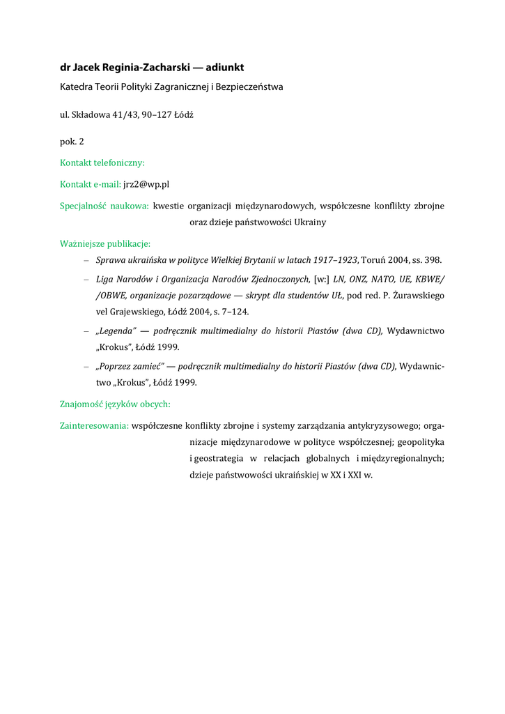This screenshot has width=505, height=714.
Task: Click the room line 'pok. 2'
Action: (72, 141)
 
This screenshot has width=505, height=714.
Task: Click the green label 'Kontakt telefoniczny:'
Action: (102, 162)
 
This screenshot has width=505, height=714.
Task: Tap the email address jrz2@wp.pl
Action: (146, 184)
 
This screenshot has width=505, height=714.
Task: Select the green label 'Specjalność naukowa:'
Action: (104, 206)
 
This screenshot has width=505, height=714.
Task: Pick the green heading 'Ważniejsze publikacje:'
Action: (105, 244)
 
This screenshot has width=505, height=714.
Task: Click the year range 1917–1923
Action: (334, 260)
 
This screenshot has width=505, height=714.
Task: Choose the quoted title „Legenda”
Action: (115, 331)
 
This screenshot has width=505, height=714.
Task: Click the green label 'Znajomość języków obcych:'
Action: (115, 404)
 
